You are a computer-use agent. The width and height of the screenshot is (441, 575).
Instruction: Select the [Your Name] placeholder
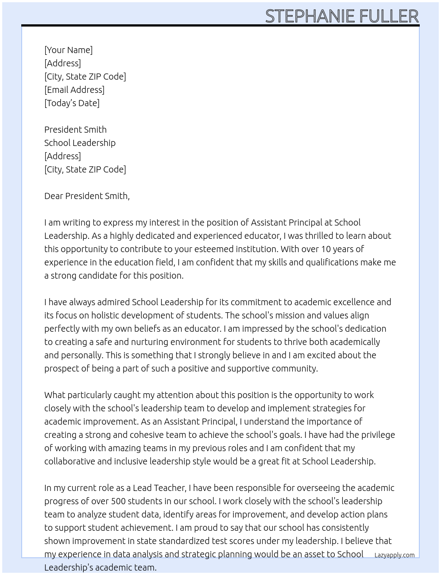68,50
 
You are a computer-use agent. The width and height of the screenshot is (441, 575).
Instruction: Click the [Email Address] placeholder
74,90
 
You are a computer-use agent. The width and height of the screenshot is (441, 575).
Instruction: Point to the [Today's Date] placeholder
72,103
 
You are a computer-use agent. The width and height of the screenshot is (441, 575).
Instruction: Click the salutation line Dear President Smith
87,196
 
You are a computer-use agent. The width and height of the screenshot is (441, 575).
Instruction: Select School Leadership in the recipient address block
80,143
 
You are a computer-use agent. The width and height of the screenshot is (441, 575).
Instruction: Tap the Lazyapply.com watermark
394,555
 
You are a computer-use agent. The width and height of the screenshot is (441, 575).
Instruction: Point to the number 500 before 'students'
118,501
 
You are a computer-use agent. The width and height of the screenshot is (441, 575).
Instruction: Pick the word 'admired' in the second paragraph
113,302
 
